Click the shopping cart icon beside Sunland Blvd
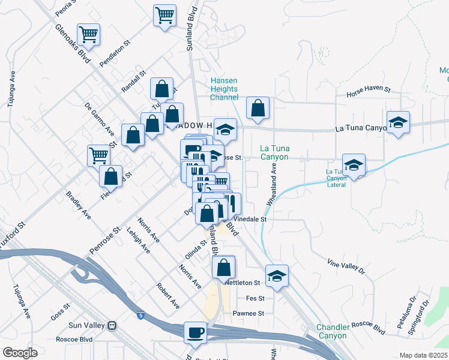164,14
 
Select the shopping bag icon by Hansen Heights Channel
258,107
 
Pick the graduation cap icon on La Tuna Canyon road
398,122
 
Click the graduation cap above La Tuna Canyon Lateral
354,164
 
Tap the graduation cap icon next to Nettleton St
277,275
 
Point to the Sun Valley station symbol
112,325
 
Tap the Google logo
20,353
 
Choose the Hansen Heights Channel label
224,89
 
